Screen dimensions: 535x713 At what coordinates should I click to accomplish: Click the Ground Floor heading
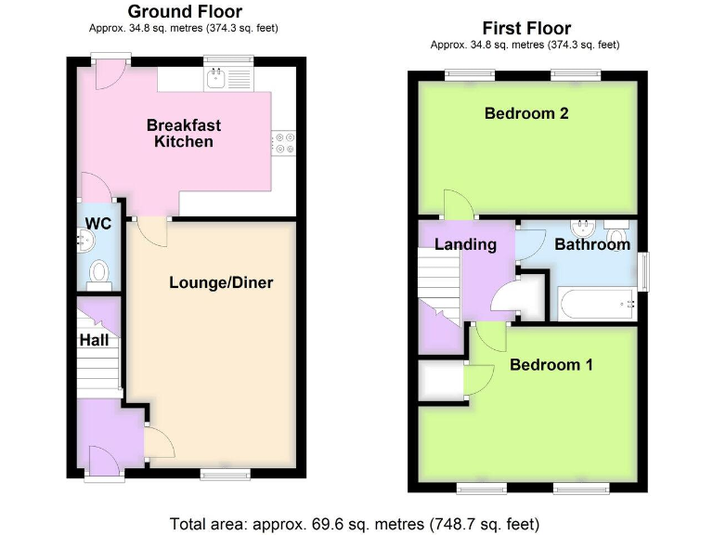[184, 12]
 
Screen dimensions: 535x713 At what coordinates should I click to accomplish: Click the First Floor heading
[525, 28]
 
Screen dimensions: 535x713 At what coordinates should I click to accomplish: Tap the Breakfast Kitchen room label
[184, 133]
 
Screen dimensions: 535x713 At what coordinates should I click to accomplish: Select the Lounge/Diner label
[221, 282]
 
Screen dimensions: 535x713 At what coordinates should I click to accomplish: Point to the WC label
[98, 223]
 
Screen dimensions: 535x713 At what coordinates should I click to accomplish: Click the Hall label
[94, 340]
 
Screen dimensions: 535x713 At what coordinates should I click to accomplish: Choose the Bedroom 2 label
[525, 113]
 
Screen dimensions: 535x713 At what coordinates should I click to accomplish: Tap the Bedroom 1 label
[551, 364]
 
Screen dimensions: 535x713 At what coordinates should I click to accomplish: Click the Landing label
[465, 244]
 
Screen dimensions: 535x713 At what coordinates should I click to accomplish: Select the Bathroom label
[592, 244]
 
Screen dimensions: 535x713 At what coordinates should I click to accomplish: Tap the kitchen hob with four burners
[282, 142]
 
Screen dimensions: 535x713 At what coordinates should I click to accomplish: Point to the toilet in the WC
[99, 273]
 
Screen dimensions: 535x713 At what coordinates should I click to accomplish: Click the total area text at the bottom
[355, 522]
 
